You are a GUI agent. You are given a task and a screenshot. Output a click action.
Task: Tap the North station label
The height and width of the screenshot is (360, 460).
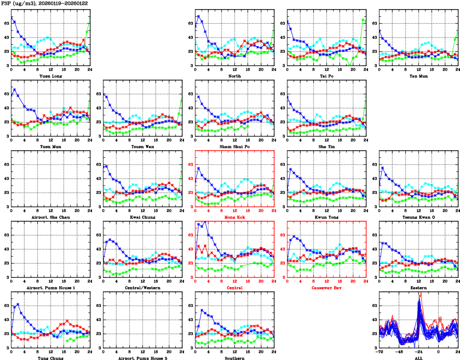(235, 76)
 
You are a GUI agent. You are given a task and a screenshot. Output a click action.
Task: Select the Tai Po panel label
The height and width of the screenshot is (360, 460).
(327, 76)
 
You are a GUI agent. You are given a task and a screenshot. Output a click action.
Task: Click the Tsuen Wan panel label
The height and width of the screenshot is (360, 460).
(143, 146)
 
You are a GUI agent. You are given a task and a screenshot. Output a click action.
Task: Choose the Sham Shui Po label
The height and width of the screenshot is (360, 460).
(235, 146)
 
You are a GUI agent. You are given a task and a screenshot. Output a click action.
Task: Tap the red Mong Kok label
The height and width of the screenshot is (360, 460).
(235, 217)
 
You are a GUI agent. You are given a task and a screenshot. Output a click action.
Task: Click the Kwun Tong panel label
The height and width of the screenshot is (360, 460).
(327, 217)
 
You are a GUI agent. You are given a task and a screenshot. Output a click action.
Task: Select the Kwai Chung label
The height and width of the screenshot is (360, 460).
(143, 217)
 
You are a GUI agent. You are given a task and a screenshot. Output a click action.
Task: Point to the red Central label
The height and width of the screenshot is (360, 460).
(235, 288)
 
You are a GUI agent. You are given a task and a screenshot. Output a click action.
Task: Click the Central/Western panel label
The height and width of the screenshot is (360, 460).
(143, 288)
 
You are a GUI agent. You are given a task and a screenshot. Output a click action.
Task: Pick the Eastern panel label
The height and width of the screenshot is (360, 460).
(419, 288)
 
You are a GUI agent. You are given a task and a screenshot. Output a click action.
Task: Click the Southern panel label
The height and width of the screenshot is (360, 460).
(235, 358)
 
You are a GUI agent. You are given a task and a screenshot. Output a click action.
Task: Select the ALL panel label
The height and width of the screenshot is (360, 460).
(419, 358)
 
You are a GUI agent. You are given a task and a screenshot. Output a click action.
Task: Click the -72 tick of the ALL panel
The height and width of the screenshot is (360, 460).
(379, 352)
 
